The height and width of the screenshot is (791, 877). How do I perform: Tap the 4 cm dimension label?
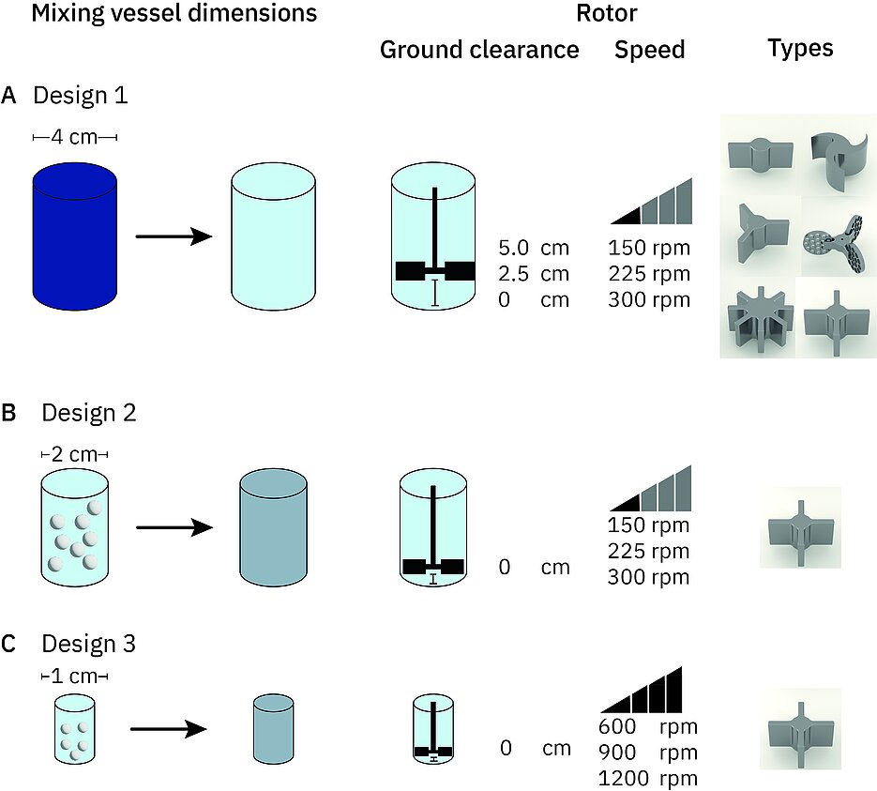pyautogui.click(x=75, y=138)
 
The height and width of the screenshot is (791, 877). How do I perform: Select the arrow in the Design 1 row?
pyautogui.click(x=174, y=236)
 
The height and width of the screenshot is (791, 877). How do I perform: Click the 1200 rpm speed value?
pyautogui.click(x=647, y=778)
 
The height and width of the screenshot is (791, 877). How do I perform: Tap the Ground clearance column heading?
pyautogui.click(x=479, y=50)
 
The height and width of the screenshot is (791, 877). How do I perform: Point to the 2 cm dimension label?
pyautogui.click(x=76, y=454)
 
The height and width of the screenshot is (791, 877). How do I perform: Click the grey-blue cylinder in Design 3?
pyautogui.click(x=274, y=727)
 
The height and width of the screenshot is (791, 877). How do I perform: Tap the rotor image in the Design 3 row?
pyautogui.click(x=799, y=729)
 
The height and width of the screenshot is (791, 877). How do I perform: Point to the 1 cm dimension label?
pyautogui.click(x=76, y=676)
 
